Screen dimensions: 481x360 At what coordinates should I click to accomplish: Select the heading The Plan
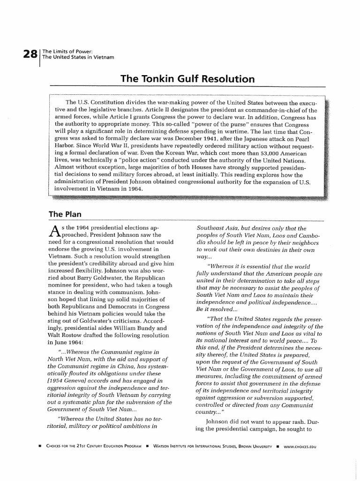pyautogui.click(x=66, y=214)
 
